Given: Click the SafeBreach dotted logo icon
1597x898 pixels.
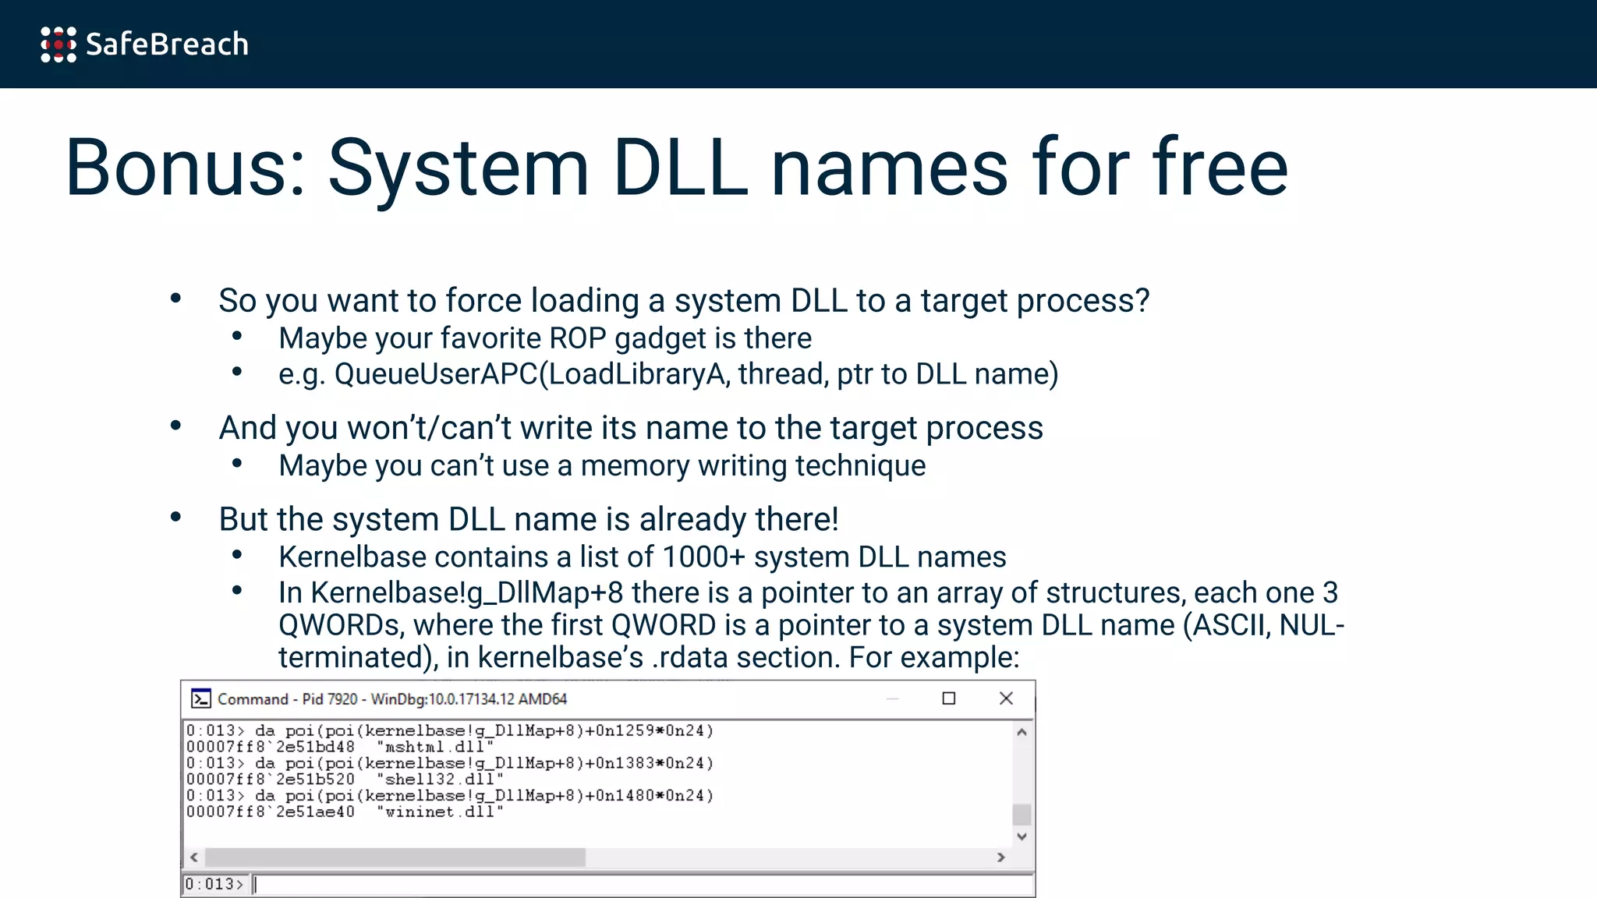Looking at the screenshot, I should click(x=58, y=44).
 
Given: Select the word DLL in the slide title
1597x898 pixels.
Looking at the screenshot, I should click(x=679, y=168).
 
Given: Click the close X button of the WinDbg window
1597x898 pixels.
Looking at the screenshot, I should click(x=1006, y=698).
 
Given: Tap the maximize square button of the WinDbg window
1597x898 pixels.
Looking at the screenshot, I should click(x=948, y=698).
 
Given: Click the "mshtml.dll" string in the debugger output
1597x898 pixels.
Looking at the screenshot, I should click(x=435, y=747).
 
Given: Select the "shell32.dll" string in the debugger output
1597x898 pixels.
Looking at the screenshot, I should click(x=440, y=780).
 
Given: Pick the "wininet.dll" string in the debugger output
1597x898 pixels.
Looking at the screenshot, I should click(x=440, y=812).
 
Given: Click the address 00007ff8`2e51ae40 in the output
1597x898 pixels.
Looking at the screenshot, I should click(x=270, y=812).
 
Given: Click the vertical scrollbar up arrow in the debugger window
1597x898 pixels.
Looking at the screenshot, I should click(x=1022, y=732).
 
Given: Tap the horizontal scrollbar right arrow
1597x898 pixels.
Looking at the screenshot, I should click(x=1000, y=857).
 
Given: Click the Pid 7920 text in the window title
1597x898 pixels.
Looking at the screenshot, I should click(x=329, y=699).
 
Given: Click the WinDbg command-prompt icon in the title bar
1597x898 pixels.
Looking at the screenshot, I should click(x=201, y=698).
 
